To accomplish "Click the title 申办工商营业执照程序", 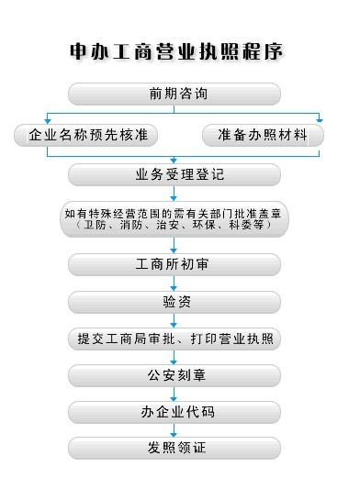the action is tap(176, 51).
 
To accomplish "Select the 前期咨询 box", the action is tap(174, 94).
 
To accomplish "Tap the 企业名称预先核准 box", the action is tap(86, 135).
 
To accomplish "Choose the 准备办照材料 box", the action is tap(263, 135).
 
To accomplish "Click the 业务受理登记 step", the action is tap(174, 174).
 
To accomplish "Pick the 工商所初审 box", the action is tap(174, 264).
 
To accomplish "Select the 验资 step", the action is tap(174, 302).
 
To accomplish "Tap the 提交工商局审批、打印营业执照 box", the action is tap(174, 339).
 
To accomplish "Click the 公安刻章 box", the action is tap(174, 375).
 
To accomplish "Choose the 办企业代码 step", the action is tap(174, 412).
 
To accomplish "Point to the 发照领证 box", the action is tap(174, 448).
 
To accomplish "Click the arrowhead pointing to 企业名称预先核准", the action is tap(47, 121).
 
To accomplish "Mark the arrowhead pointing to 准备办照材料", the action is tap(320, 120).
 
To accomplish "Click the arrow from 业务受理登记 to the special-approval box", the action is tap(174, 194).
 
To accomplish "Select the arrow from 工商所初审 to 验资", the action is tap(174, 283).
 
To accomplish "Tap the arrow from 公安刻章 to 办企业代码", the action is tap(174, 395).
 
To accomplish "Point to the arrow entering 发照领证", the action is tap(174, 430).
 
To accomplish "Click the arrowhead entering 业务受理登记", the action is tap(174, 161).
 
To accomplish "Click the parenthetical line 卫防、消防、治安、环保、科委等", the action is tap(174, 225).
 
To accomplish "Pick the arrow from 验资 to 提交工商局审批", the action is tap(174, 320).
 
